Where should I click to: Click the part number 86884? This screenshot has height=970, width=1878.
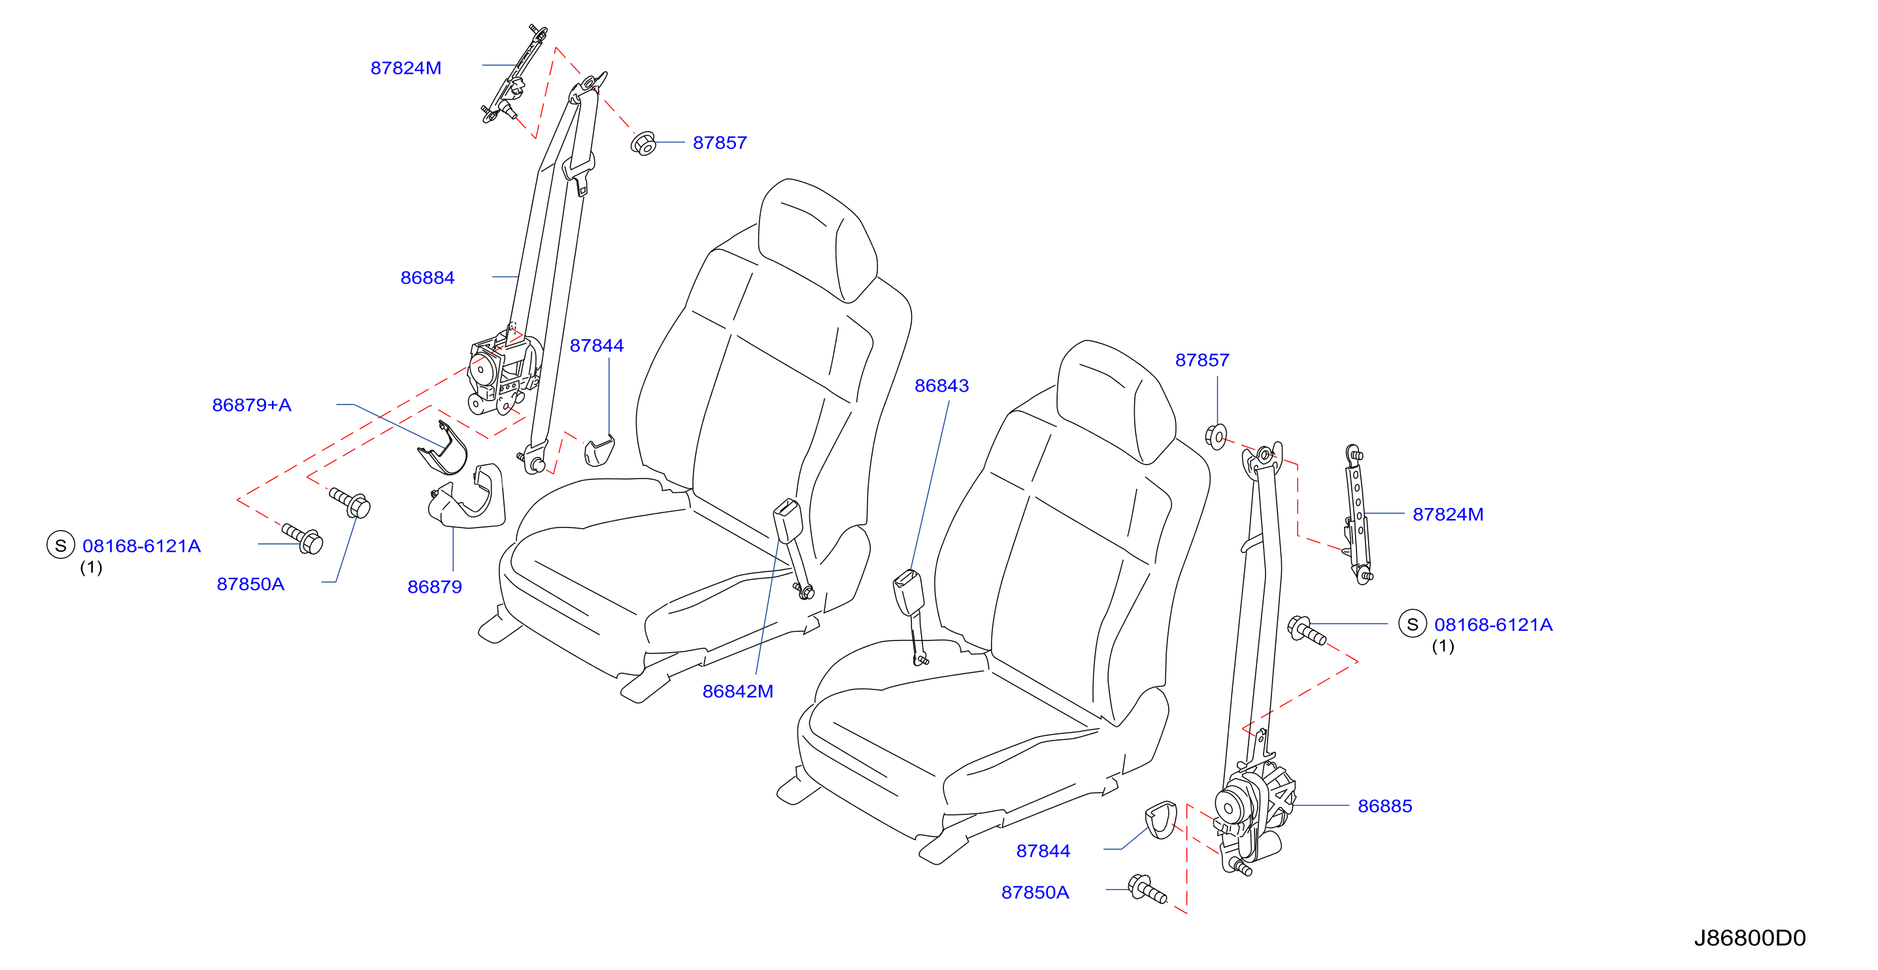[428, 278]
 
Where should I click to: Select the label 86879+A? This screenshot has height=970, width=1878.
[252, 405]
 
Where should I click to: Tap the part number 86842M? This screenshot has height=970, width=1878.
[738, 692]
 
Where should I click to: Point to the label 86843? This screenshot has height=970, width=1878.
[942, 386]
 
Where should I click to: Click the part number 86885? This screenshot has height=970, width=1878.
[1385, 806]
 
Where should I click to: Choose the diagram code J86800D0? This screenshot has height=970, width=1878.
[1751, 938]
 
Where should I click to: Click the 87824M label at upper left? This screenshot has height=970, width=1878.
[406, 68]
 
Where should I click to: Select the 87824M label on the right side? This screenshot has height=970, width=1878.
[1448, 514]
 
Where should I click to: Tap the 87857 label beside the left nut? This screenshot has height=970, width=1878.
[720, 143]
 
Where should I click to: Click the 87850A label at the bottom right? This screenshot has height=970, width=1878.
[1035, 893]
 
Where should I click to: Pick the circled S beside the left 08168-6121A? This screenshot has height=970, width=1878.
[61, 545]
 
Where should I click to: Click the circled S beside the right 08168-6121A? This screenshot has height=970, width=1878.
[1412, 624]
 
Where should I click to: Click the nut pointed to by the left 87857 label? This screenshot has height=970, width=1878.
[644, 144]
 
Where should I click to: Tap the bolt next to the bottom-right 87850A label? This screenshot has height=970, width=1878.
[1147, 889]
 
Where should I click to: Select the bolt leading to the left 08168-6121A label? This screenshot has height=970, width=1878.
[303, 539]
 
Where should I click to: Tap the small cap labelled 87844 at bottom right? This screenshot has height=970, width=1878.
[1161, 819]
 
